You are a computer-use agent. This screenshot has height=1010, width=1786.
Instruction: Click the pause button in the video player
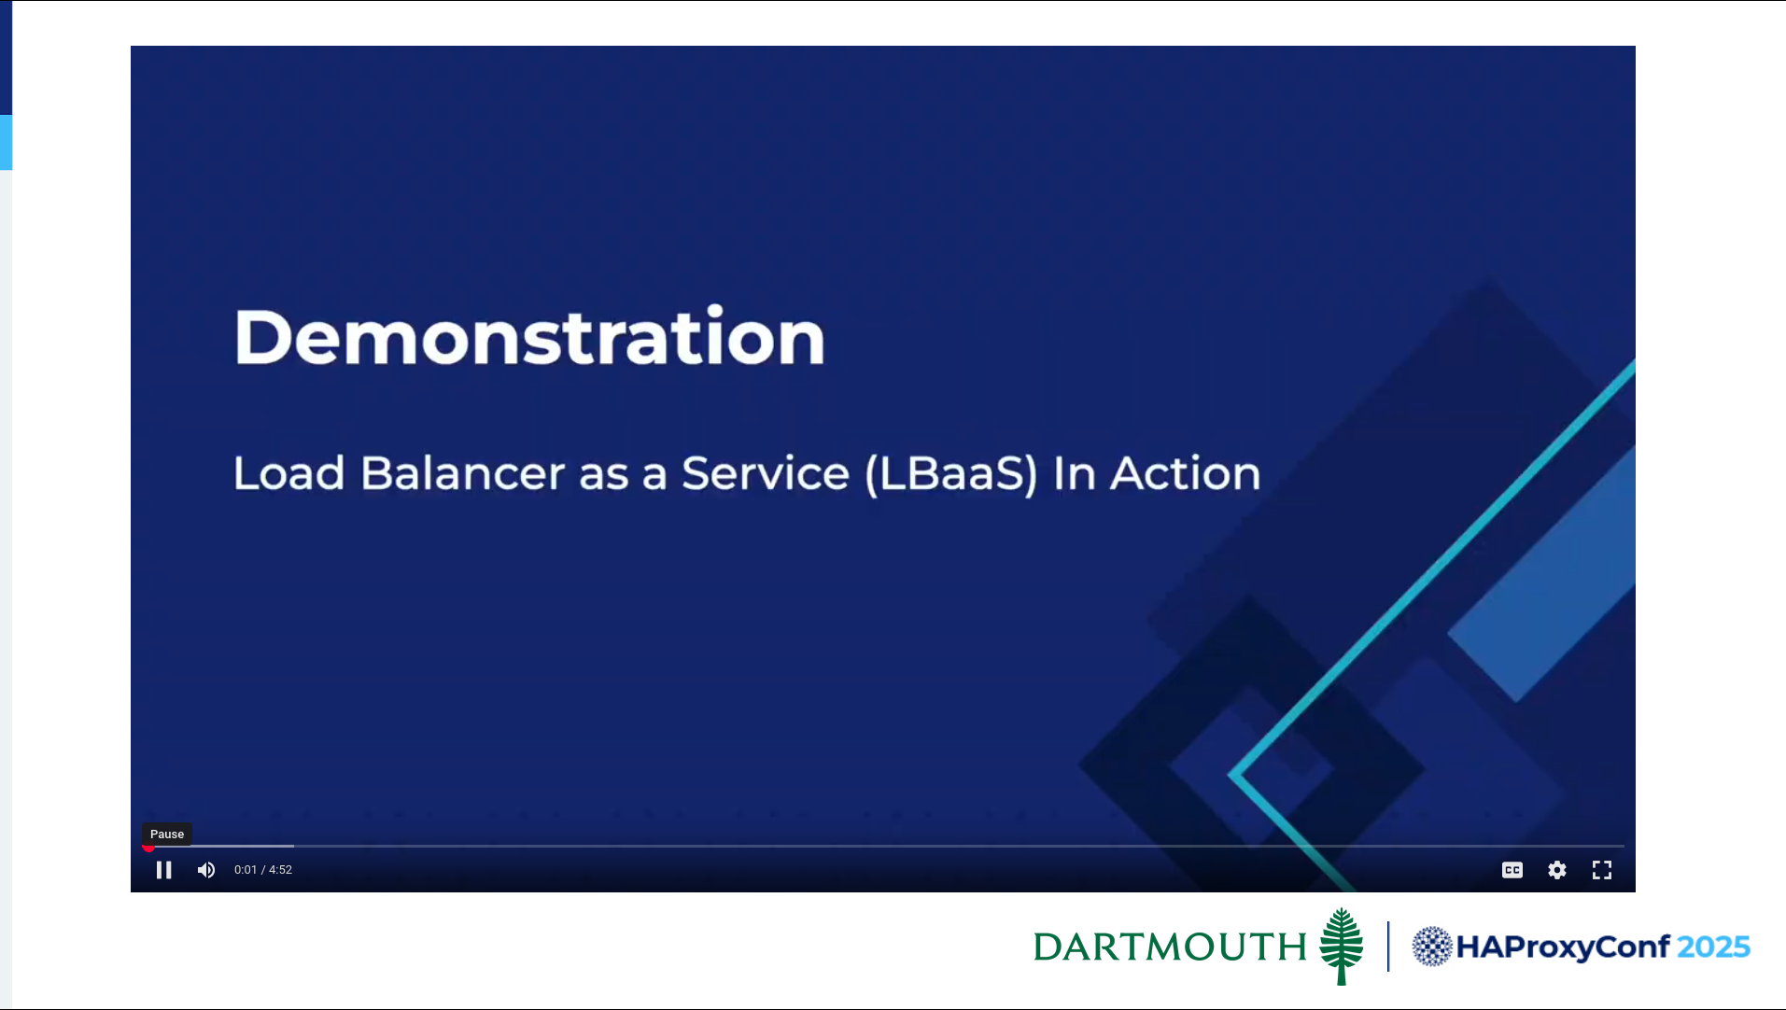163,870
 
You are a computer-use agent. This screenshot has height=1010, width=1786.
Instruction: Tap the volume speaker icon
206,870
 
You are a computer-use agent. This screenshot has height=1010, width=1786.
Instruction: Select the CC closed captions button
1512,870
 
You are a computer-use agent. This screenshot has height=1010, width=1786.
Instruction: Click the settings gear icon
1557,870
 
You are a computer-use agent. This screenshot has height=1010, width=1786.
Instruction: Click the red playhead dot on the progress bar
148,847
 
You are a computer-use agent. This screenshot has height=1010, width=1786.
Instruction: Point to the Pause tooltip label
167,834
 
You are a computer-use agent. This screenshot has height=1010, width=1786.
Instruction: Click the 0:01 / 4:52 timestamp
263,870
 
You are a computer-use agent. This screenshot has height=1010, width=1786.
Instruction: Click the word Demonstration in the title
529,336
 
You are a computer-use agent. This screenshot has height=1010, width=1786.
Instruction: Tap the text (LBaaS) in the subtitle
951,474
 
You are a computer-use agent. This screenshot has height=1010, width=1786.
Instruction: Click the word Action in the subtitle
1185,473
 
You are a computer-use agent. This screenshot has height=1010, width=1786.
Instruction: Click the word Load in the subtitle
289,473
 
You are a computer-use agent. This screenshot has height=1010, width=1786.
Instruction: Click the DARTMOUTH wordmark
1170,947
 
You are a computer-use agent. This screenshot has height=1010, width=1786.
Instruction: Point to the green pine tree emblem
1342,946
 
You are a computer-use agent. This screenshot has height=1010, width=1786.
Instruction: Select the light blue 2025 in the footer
1713,947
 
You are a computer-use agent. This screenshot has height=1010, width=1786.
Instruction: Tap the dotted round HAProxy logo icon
1432,947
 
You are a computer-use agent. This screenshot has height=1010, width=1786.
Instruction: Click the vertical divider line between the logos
1388,947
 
